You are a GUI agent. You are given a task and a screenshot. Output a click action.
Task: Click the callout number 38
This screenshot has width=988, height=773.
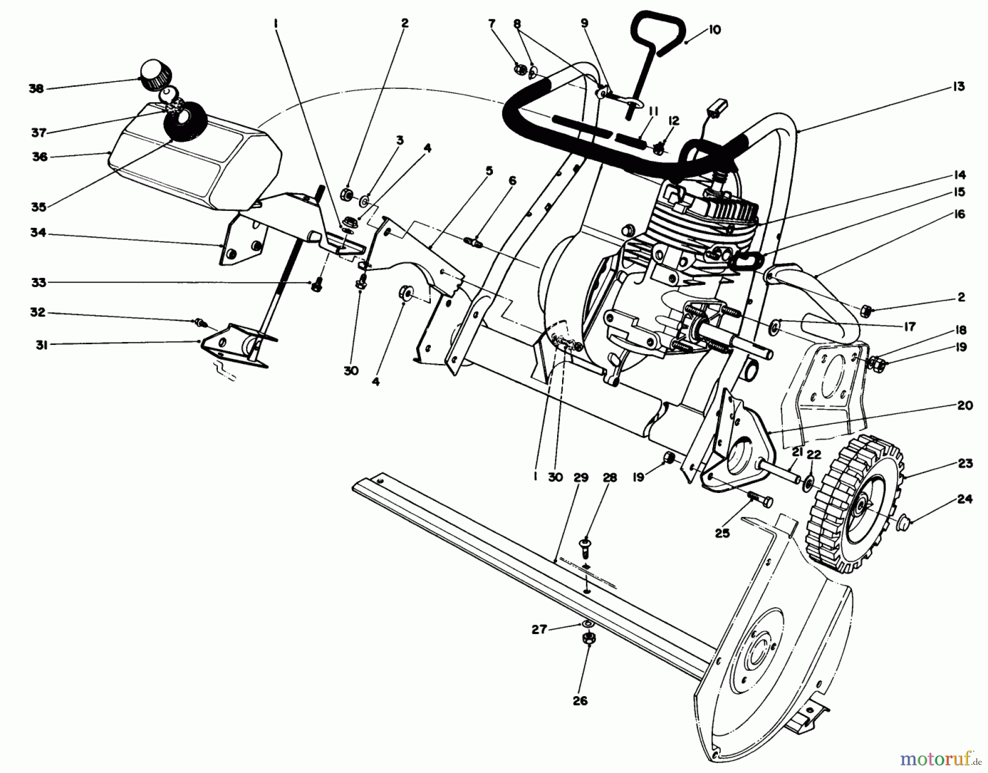coord(37,88)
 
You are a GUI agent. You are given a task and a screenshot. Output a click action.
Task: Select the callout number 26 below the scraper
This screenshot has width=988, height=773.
coord(580,701)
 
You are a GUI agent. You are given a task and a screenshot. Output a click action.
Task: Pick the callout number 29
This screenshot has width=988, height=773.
coord(580,478)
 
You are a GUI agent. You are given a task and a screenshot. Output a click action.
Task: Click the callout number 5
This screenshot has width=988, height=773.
coord(489,171)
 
